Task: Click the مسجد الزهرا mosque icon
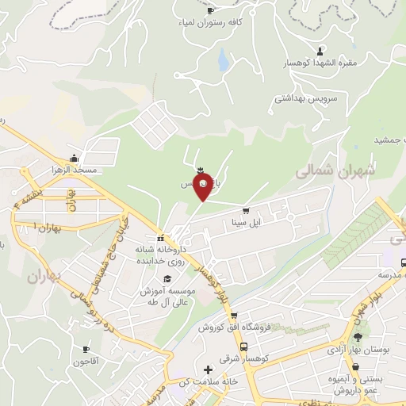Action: point(74,157)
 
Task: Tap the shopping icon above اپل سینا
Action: point(246,211)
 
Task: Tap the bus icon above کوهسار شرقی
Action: point(243,347)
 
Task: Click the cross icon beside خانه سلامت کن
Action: point(208,370)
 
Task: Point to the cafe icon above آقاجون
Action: point(86,350)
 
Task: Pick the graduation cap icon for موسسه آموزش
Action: point(167,279)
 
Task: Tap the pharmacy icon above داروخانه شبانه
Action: point(160,238)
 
